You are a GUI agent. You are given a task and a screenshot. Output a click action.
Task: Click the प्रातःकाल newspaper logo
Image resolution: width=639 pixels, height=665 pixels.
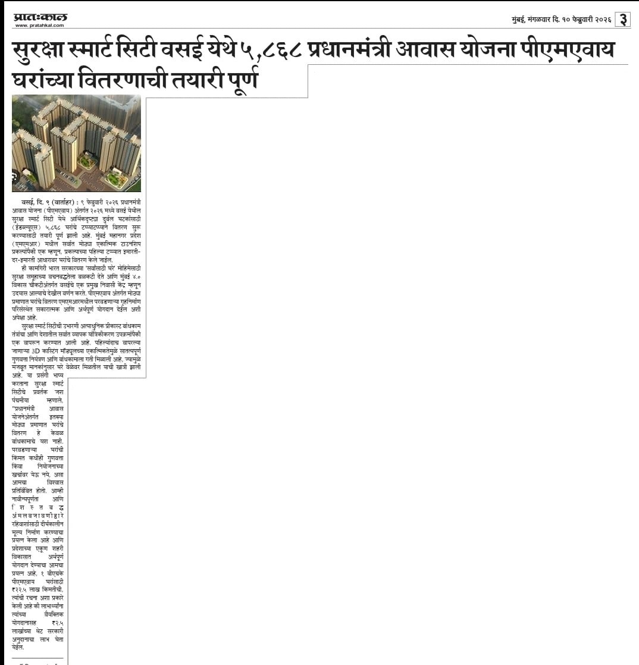click(x=40, y=17)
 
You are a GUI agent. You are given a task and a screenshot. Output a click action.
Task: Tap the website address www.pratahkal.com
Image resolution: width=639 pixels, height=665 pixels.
click(x=40, y=25)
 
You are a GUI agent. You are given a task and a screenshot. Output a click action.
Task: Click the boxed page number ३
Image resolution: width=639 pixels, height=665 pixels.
click(x=622, y=19)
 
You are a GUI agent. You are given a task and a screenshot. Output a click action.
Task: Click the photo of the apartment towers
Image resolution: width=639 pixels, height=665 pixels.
click(x=77, y=143)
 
